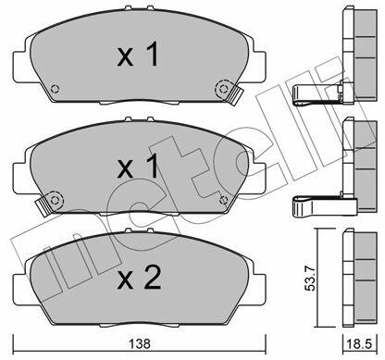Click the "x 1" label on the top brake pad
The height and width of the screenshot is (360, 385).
point(138,56)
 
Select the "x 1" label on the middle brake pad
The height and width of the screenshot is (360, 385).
point(138,167)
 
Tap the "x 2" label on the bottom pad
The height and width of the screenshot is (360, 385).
point(139,278)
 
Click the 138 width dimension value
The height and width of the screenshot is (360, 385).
point(140,343)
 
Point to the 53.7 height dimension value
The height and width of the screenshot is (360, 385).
point(312,278)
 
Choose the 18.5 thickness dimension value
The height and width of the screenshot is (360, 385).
point(359,343)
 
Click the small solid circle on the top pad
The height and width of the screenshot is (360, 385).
point(55,89)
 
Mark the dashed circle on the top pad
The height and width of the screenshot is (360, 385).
point(222,88)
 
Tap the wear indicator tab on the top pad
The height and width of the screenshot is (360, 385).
point(235,95)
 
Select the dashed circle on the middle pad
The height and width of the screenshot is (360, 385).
point(55,200)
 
